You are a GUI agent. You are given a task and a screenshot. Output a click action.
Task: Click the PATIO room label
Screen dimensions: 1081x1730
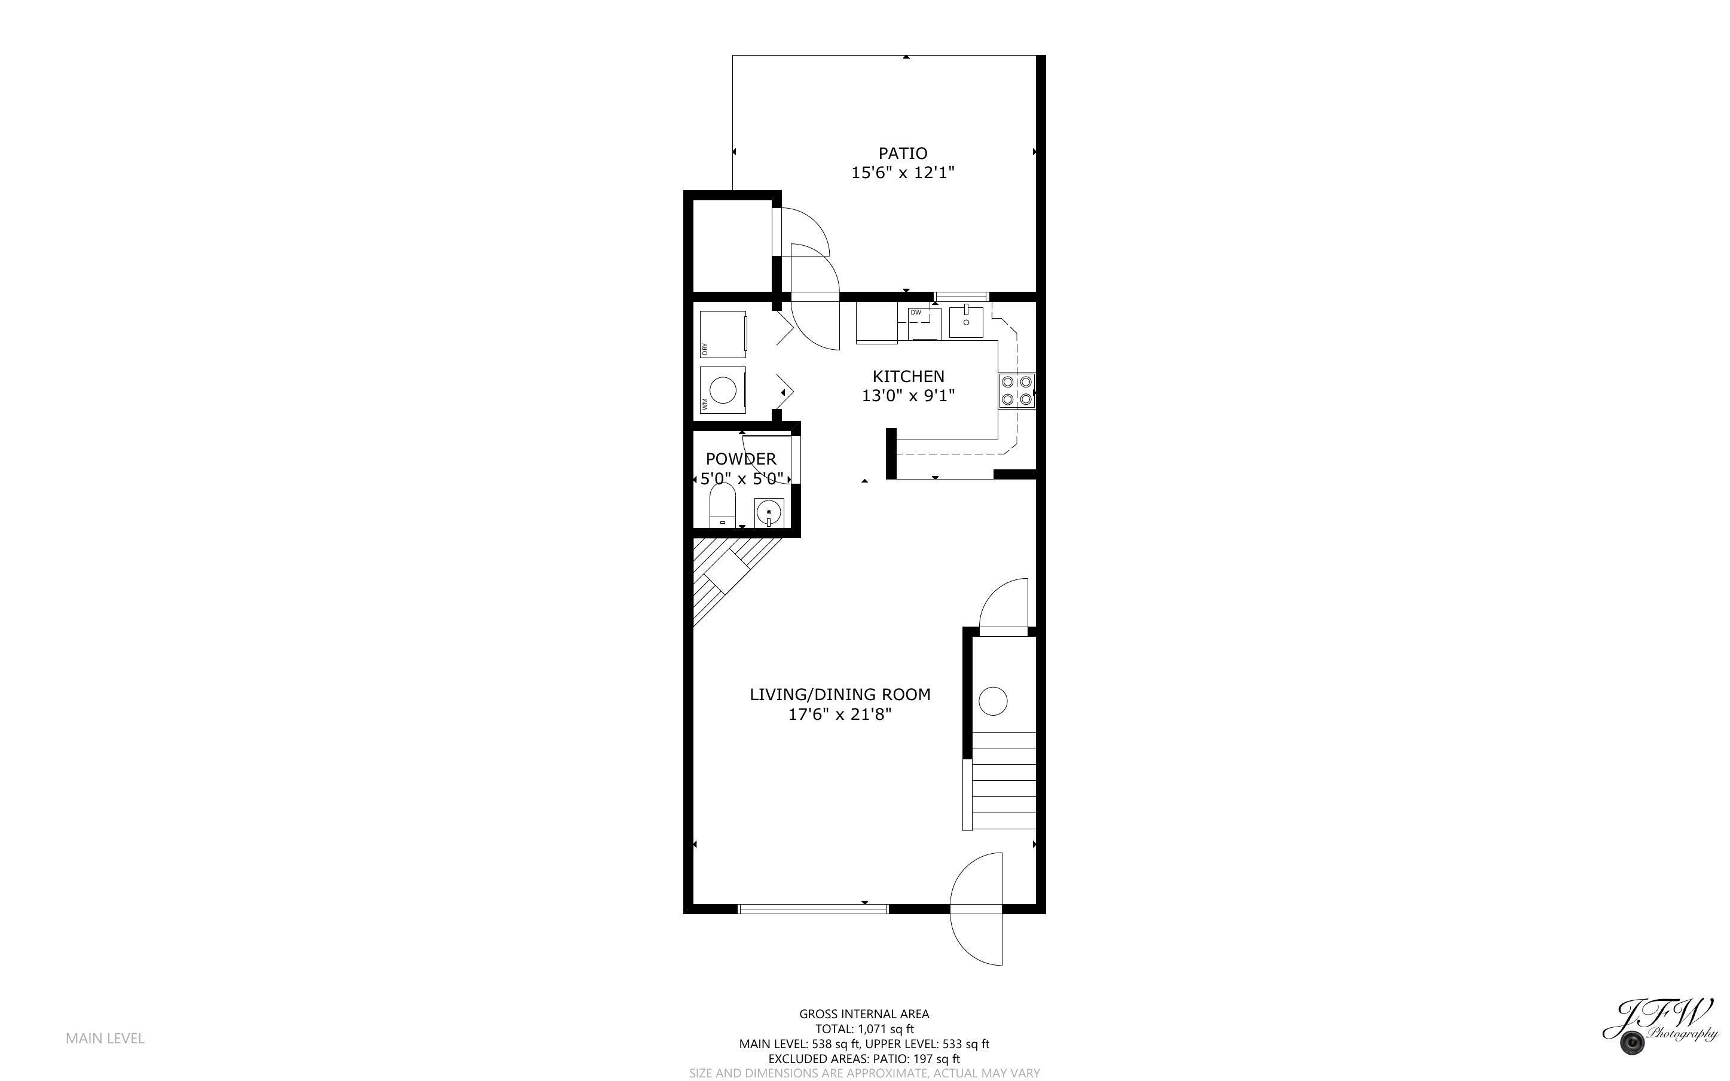tap(903, 153)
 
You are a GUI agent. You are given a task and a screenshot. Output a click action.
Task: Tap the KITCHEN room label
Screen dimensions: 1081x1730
tap(908, 376)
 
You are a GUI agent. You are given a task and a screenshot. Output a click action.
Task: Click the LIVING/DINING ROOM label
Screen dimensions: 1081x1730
tap(840, 694)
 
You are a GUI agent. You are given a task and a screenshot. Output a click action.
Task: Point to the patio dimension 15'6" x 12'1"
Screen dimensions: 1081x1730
tap(903, 173)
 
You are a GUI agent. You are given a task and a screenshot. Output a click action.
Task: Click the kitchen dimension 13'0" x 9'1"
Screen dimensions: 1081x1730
tap(908, 395)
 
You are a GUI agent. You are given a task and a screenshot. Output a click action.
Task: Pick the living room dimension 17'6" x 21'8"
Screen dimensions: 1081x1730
tap(840, 714)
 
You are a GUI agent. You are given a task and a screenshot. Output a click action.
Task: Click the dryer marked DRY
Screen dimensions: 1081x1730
tap(723, 334)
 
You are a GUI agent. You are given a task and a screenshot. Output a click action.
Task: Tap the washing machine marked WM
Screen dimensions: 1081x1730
tap(723, 390)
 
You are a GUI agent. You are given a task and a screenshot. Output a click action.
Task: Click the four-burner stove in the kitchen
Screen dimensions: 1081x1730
tap(1016, 390)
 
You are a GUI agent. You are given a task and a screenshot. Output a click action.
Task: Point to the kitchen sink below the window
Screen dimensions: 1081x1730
tap(965, 322)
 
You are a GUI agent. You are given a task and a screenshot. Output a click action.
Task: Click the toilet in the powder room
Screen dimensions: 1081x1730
tap(723, 505)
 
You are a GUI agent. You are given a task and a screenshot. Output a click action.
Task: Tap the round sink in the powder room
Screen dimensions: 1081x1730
tap(769, 512)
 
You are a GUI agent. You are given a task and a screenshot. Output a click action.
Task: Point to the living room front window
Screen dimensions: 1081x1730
tap(812, 909)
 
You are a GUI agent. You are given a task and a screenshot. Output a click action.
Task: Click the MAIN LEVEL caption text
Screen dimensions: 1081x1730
tap(105, 1038)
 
